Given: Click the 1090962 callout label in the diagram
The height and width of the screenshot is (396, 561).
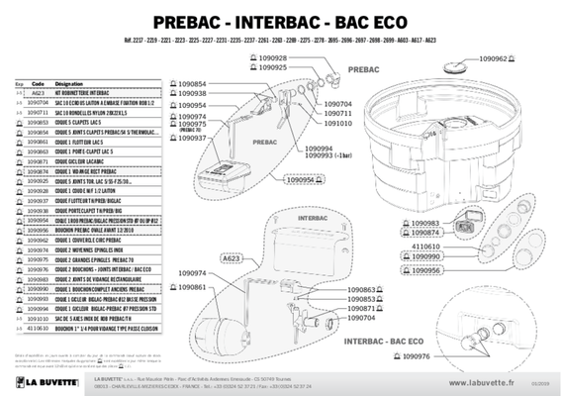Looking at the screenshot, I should [x=492, y=59].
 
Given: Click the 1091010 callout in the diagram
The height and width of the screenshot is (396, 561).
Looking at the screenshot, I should [x=338, y=125].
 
